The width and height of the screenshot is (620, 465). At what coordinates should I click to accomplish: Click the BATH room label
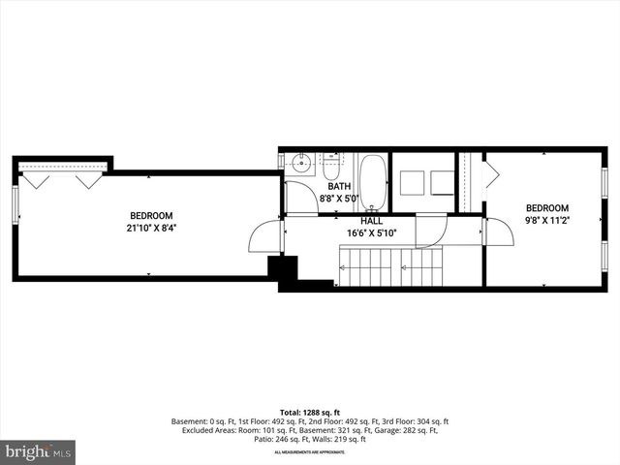point(339,187)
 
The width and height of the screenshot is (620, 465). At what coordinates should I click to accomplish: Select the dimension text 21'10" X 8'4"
point(151,229)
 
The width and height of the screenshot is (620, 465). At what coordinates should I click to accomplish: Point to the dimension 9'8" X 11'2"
point(547,220)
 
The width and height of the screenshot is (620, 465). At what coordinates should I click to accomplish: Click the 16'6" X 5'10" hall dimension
point(373,233)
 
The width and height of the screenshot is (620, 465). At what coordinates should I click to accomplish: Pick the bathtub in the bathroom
point(373,182)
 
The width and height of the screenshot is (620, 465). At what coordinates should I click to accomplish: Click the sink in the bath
point(299,163)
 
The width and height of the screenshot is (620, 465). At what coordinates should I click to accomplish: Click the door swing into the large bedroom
point(264,236)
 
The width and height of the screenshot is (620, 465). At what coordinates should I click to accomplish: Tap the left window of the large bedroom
point(15,205)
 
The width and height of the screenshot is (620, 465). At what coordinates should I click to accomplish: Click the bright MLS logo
point(39,451)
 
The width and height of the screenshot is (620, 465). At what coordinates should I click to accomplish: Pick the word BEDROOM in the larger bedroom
point(151,216)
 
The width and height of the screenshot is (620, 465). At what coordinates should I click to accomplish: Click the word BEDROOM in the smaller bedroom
point(547,208)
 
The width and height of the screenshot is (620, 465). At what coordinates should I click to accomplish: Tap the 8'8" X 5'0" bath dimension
point(339,200)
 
